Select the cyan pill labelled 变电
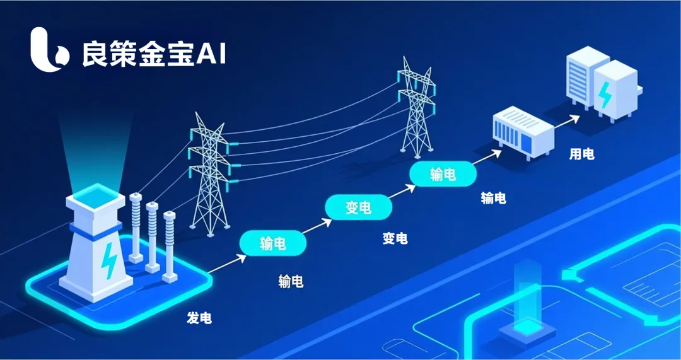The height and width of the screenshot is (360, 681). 358,207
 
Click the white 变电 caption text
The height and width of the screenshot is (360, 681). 395,239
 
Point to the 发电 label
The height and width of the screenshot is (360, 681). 199,318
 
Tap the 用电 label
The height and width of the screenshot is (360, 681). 581,154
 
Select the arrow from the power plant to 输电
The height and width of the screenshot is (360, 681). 226,264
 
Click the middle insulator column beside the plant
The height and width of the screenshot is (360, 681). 152,236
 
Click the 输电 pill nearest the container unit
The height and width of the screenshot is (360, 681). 442,175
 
